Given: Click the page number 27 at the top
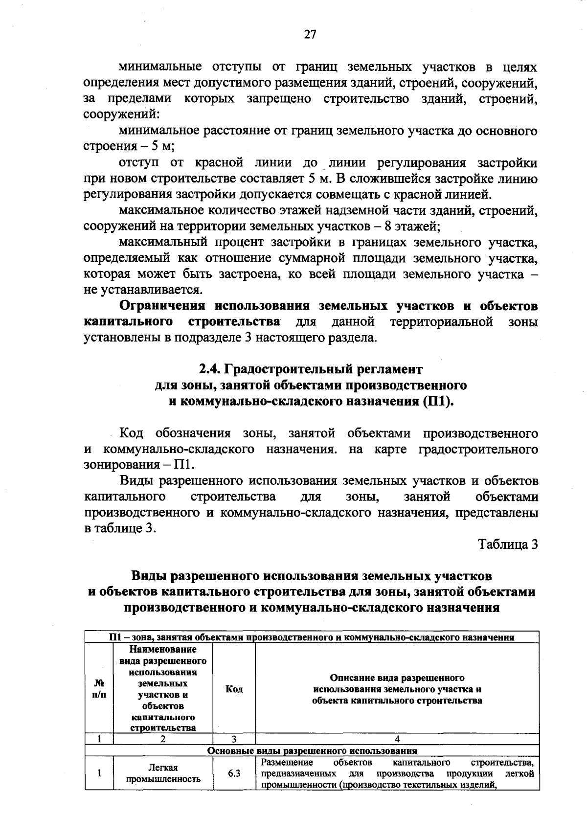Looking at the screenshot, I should [x=310, y=34].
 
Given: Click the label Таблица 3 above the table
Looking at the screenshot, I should [x=508, y=544].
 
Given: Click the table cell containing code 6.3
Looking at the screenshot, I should [x=234, y=774].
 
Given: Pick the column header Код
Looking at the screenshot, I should [x=234, y=689].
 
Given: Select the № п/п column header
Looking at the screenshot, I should [x=99, y=689].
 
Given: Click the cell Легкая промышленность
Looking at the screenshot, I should [x=163, y=774].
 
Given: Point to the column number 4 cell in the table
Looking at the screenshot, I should [x=397, y=739].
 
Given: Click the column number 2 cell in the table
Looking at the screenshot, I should [x=163, y=739].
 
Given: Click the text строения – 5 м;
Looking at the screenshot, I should [x=129, y=147].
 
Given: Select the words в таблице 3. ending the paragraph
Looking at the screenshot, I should [x=120, y=529].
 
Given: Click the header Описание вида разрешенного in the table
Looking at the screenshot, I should [x=397, y=678].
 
